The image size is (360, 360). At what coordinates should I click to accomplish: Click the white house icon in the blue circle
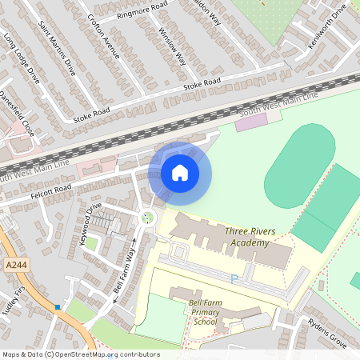click(x=180, y=173)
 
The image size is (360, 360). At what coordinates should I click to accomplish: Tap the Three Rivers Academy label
click(x=250, y=237)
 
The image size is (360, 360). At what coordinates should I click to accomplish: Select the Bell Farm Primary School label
click(x=206, y=312)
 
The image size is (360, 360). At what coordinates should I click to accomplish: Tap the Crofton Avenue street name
click(x=103, y=37)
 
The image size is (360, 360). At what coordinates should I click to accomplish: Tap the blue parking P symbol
click(x=234, y=278)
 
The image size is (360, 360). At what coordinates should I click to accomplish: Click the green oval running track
click(x=300, y=155)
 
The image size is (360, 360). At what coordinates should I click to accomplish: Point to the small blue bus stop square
click(x=58, y=306)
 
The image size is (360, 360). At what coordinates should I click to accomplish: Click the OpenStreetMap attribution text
click(x=80, y=354)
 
